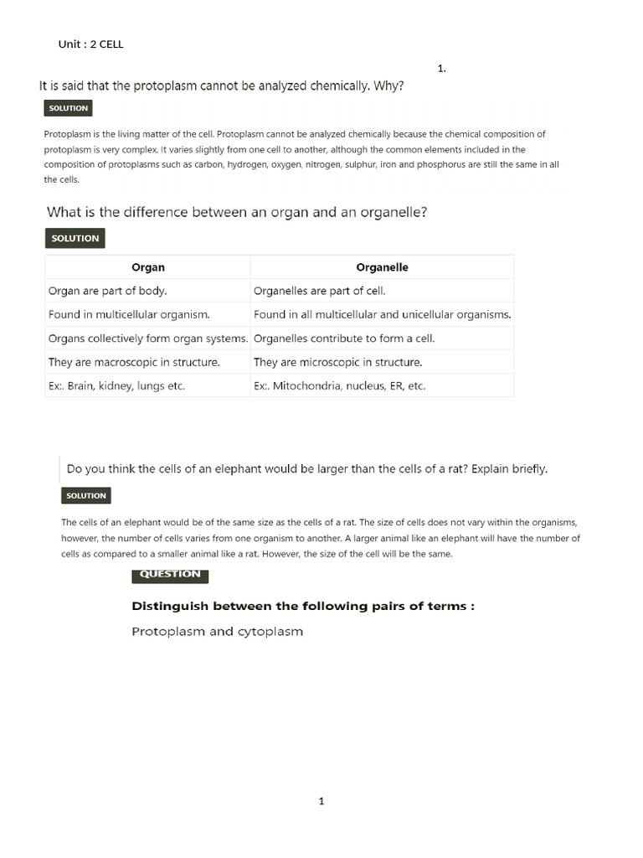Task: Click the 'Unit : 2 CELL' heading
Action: click(90, 44)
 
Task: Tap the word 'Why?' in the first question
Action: click(388, 85)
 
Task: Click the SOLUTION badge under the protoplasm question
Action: click(67, 108)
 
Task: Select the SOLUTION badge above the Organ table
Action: click(75, 238)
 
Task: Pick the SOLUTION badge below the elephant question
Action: click(85, 495)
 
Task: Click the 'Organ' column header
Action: click(148, 267)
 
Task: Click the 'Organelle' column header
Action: click(382, 267)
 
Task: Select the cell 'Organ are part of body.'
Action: click(108, 291)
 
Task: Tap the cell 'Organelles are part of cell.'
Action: click(319, 291)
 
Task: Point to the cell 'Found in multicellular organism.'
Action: click(129, 315)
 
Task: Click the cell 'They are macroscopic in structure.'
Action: click(134, 362)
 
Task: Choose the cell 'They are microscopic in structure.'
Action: click(337, 362)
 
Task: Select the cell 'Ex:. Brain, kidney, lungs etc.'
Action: click(116, 386)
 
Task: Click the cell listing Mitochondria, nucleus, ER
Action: click(339, 386)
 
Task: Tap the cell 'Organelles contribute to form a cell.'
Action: click(343, 339)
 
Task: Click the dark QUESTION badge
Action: click(170, 574)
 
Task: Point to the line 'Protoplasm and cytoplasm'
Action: click(217, 631)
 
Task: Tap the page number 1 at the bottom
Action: click(321, 801)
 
